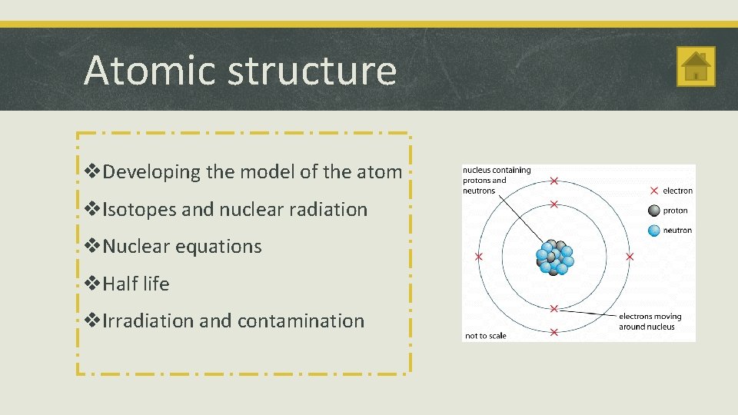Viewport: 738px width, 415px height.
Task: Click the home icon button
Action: click(696, 67)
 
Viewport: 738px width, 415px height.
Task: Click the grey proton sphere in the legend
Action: click(653, 211)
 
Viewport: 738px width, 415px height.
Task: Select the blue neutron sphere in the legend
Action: click(653, 230)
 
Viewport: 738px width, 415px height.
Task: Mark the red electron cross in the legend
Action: click(653, 191)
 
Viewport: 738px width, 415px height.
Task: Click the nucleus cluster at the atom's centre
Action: click(554, 257)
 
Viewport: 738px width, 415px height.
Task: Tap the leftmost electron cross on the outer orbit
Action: click(478, 256)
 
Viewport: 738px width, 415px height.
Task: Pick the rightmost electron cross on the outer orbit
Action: click(630, 256)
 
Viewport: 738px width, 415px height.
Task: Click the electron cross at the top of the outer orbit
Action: click(553, 181)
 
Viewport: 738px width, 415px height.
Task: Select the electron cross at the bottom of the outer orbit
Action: click(553, 332)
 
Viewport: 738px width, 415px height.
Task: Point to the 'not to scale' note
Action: click(486, 336)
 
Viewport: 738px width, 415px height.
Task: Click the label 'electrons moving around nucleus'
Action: click(650, 321)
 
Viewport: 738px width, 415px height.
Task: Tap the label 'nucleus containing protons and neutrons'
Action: click(496, 181)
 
